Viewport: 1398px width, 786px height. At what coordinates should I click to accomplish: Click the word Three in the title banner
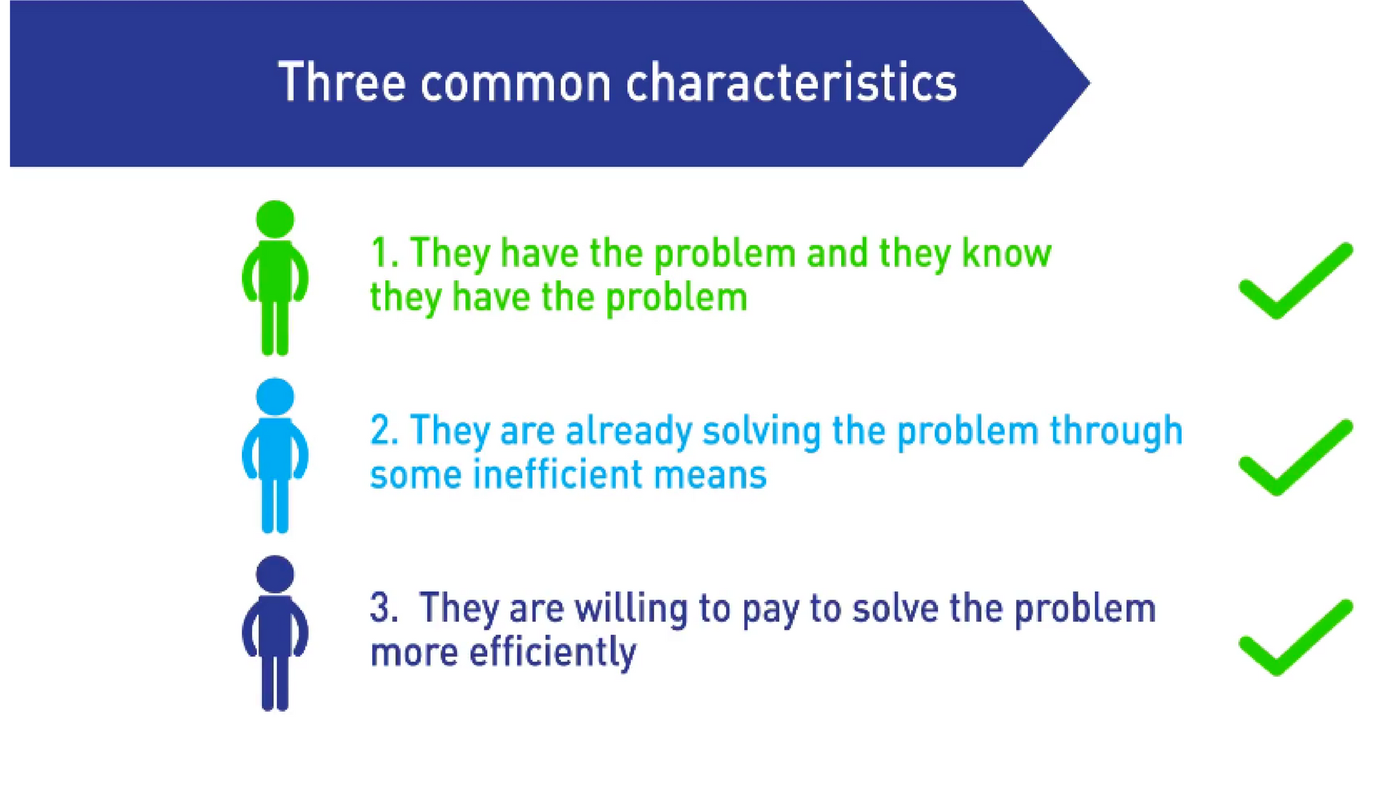341,82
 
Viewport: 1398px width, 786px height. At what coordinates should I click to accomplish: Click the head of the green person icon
275,219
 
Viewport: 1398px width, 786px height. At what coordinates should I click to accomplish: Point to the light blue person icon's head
275,397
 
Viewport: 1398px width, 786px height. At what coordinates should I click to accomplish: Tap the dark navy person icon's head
275,574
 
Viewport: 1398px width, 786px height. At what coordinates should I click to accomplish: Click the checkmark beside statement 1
1296,281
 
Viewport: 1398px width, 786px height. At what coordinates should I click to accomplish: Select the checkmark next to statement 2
1296,458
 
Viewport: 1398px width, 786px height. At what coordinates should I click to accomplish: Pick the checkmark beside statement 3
1296,638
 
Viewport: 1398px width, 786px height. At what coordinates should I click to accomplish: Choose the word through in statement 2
1116,432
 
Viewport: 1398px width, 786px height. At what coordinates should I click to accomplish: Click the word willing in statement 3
631,610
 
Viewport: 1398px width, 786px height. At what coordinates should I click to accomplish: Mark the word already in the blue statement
628,432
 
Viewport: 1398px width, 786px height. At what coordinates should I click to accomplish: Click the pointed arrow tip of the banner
1089,84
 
